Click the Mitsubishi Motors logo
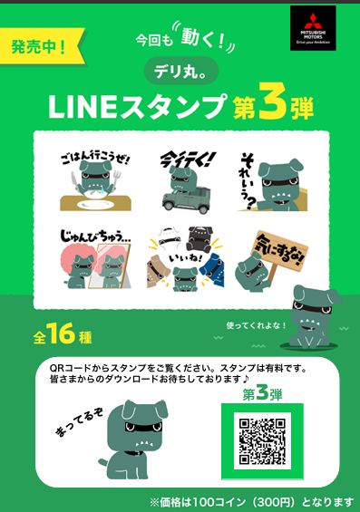pyautogui.click(x=313, y=28)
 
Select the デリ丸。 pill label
pyautogui.click(x=181, y=71)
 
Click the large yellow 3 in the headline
pyautogui.click(x=272, y=101)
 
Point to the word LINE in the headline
pyautogui.click(x=83, y=106)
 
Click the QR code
pyautogui.click(x=262, y=440)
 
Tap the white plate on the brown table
pyautogui.click(x=95, y=205)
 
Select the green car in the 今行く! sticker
pyautogui.click(x=186, y=200)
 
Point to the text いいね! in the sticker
pyautogui.click(x=186, y=258)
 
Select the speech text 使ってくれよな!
pyautogui.click(x=256, y=325)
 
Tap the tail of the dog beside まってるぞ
pyautogui.click(x=103, y=462)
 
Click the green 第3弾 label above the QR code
pyautogui.click(x=262, y=394)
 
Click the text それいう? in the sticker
pyautogui.click(x=248, y=181)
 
